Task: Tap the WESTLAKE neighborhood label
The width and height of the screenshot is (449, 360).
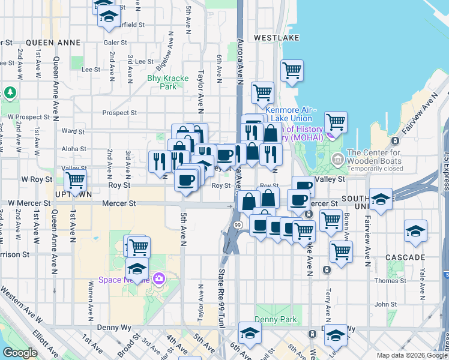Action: [276, 37]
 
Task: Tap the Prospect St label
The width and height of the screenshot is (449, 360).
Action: [120, 112]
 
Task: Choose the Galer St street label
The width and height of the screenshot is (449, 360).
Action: [115, 43]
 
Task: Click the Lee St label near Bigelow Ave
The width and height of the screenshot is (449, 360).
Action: [144, 61]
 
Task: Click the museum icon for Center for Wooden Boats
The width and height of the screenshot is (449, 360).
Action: [337, 159]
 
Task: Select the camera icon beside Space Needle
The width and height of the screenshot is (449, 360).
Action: [159, 278]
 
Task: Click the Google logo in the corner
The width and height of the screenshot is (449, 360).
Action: [20, 353]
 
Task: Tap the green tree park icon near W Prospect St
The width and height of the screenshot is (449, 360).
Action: [10, 92]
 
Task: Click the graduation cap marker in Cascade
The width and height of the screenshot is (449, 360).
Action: [415, 231]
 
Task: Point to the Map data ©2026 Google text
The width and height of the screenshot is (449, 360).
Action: [411, 355]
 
